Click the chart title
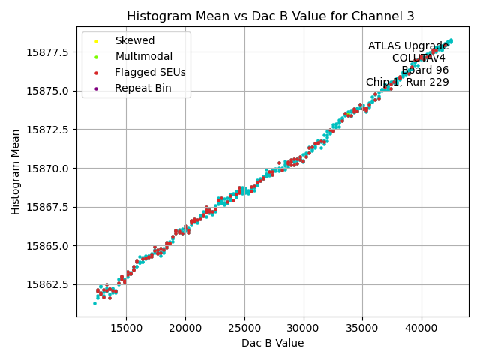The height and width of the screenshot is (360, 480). coord(271,16)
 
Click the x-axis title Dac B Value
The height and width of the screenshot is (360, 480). coord(273,343)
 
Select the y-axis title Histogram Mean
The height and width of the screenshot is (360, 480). coord(16,172)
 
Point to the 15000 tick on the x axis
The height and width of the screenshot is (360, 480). coord(126,328)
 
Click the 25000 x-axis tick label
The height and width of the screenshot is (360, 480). coord(244,328)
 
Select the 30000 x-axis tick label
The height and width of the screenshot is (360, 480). coord(303,328)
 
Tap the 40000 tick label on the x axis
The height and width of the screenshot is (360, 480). coord(421,328)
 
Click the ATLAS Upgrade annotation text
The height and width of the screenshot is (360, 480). coord(408,46)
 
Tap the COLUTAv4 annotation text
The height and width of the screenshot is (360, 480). coord(420,58)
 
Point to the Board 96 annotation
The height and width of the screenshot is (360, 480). coord(424,70)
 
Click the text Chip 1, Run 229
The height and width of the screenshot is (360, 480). coord(407,82)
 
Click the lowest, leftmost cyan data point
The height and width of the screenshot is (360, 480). coord(94,303)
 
